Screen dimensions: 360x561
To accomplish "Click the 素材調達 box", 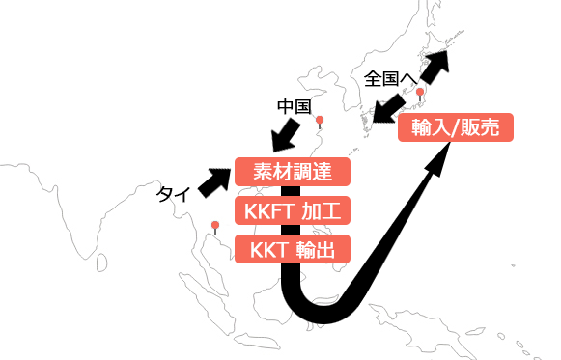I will pos(292,173).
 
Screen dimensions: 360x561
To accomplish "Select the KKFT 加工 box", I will pos(292,211).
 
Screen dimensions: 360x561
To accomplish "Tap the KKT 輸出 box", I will pos(292,250).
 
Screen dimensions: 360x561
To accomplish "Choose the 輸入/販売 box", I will pos(455,128).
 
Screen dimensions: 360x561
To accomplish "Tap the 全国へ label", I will pos(391,77).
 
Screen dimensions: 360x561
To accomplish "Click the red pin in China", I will pos(321,122).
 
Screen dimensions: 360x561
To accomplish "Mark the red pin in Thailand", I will pos(215,227).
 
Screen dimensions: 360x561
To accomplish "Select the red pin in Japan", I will pos(420,94).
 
